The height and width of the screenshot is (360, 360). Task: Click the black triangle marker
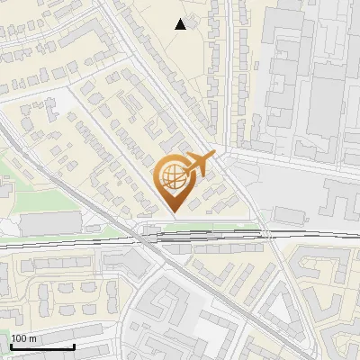coord(181,24)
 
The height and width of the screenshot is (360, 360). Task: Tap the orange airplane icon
coord(200,164)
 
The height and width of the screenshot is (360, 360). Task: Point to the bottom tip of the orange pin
coord(172,212)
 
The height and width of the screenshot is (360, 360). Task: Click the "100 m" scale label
coord(24,338)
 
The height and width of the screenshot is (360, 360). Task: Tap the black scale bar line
coord(42,346)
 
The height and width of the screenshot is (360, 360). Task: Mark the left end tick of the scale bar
coord(11,345)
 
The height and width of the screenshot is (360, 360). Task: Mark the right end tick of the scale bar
coord(74,345)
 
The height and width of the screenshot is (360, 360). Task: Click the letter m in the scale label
coord(33,338)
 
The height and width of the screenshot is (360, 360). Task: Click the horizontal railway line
coord(90,242)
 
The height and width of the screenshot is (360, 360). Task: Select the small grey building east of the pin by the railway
coord(288,216)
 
